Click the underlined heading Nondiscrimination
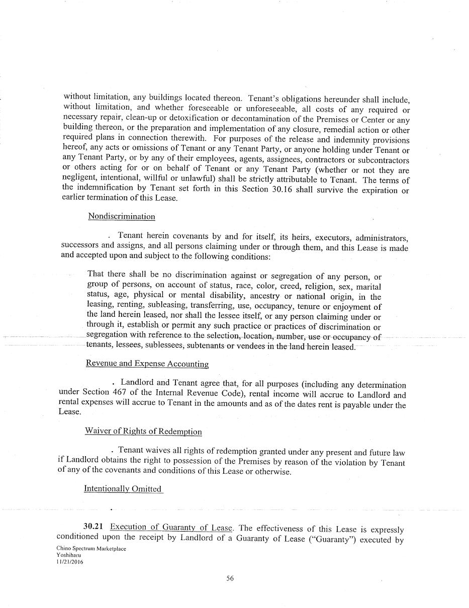point(121,216)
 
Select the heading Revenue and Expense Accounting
point(147,364)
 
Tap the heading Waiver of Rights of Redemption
point(143,431)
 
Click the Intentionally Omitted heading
point(123,489)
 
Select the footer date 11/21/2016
point(70,563)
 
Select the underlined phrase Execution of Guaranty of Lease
point(171,527)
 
